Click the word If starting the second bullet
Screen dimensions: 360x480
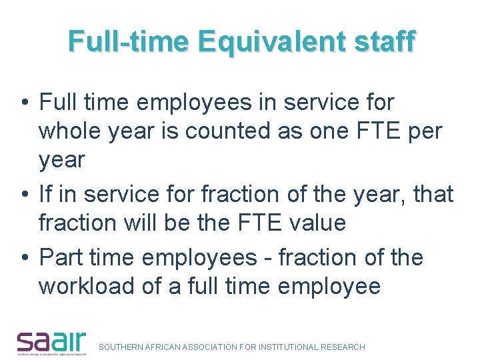[46, 195]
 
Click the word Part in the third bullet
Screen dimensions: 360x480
[59, 257]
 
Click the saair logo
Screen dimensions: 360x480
[52, 343]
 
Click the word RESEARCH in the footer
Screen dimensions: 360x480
[343, 347]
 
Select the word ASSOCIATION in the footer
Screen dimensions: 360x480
[211, 347]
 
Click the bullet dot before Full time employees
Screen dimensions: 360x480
[24, 103]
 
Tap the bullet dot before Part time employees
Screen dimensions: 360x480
[24, 258]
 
